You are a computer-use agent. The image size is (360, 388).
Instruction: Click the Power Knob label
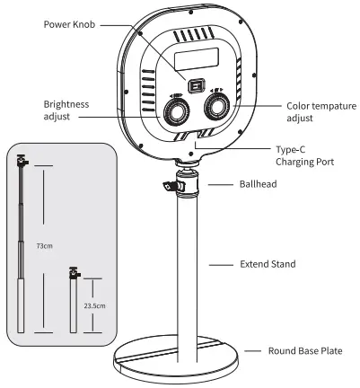coord(70,23)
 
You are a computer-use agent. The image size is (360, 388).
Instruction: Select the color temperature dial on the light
coord(216,108)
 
